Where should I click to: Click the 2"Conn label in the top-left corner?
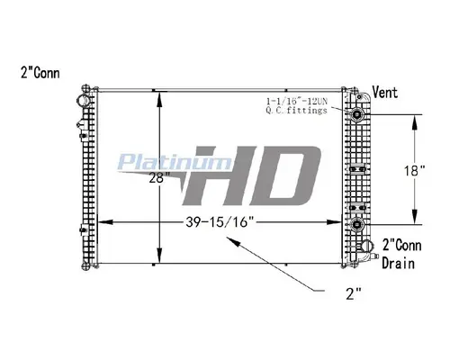37,72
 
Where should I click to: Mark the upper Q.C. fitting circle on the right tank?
358,116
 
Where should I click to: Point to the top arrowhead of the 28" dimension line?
159,94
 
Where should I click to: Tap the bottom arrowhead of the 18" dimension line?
415,219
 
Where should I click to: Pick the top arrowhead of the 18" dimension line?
415,118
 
